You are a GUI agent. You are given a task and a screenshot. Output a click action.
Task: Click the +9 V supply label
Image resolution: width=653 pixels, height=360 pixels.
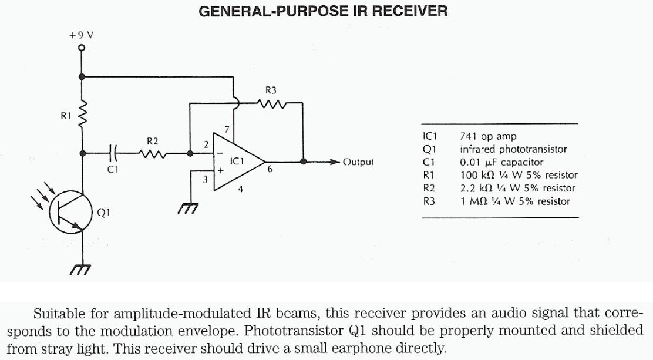(x=81, y=35)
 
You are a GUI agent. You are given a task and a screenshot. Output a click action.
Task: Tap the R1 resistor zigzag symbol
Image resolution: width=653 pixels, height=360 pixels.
(x=83, y=116)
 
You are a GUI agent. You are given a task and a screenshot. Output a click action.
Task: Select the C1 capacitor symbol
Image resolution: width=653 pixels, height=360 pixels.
(x=114, y=154)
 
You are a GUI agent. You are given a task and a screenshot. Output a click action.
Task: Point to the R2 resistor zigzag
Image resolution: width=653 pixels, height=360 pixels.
(x=151, y=154)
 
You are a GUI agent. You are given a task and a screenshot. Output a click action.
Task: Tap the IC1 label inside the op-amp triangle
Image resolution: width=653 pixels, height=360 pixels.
(x=237, y=160)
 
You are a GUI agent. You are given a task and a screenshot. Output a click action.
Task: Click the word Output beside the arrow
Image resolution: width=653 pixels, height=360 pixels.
(x=358, y=162)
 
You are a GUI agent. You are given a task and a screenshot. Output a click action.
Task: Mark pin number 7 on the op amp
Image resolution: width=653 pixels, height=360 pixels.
(x=226, y=129)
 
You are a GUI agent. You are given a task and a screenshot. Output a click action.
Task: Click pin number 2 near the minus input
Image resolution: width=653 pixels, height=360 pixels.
(x=206, y=144)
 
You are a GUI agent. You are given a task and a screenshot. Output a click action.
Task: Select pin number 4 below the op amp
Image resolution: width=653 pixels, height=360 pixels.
(x=240, y=189)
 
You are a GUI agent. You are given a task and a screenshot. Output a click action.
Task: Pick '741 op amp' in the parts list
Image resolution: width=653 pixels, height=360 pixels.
(x=488, y=136)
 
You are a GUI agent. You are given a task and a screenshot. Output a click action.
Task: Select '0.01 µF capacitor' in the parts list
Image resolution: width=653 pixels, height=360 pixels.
(x=501, y=162)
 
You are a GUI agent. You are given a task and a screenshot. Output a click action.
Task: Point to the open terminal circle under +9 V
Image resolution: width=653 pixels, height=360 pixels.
(x=82, y=48)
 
